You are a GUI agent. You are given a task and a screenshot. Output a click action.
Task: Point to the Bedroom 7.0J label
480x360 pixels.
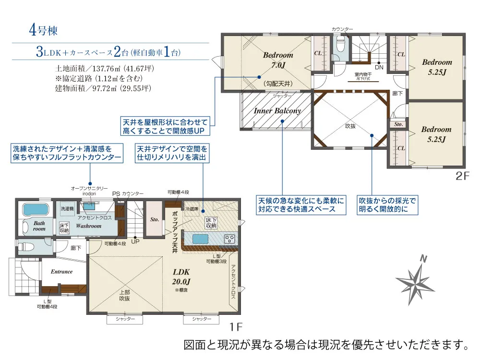tap(277, 60)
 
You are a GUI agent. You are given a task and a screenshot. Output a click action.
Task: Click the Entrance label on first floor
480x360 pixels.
tap(61, 272)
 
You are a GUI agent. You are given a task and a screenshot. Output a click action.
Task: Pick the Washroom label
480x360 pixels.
tap(88, 226)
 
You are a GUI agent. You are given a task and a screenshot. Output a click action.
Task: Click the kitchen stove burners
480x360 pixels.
tap(229, 238)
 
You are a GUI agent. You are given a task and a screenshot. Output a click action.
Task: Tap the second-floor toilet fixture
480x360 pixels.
tap(340, 46)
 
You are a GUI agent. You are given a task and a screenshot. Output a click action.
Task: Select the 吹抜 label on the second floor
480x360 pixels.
tap(351, 126)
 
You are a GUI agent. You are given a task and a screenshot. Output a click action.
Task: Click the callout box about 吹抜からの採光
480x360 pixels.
tap(387, 205)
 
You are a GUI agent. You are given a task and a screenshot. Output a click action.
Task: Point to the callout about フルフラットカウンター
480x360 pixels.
tap(66, 153)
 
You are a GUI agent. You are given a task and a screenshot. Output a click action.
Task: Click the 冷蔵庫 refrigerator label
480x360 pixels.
tap(192, 210)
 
